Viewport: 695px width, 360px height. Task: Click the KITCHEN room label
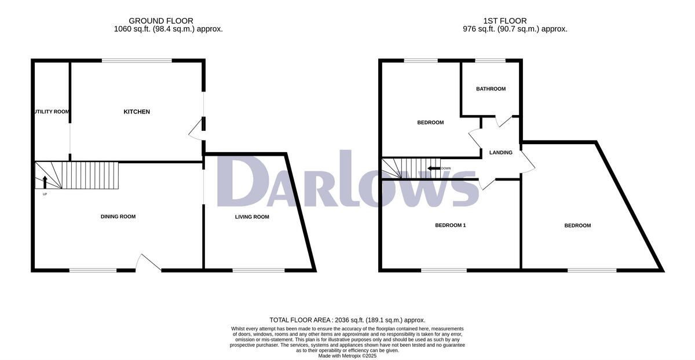point(137,112)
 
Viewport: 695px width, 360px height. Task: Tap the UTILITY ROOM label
point(51,112)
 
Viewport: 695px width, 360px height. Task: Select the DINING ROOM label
point(118,216)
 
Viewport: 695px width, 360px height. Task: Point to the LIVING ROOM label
point(252,217)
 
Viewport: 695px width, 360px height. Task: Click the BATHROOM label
point(491,89)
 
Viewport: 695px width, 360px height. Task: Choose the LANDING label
point(500,153)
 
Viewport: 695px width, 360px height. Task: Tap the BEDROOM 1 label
point(450,225)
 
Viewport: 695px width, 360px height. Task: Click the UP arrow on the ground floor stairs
point(45,183)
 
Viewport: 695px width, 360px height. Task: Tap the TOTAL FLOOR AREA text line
point(348,320)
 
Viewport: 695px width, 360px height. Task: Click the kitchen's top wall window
point(137,60)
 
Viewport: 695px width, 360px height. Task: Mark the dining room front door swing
point(148,263)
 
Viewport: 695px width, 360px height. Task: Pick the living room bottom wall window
point(258,270)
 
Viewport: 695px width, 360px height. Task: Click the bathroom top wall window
point(490,60)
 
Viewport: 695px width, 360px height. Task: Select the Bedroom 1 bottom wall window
point(444,270)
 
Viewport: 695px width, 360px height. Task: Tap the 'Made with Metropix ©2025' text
point(348,356)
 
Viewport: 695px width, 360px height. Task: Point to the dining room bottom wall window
point(93,270)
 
